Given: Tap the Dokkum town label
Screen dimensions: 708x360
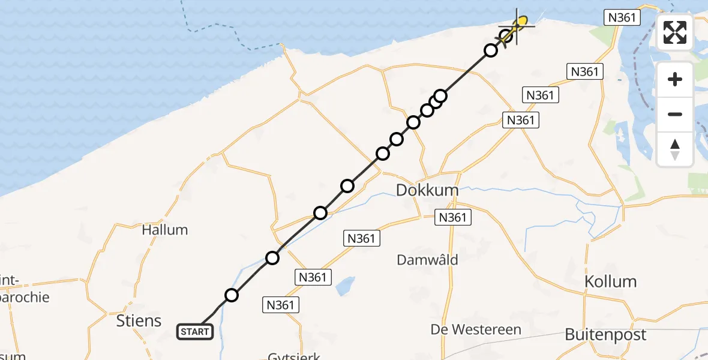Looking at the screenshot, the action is pyautogui.click(x=427, y=191).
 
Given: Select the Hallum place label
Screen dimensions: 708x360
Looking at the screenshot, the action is pyautogui.click(x=164, y=230).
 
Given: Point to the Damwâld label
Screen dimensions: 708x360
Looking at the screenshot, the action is pyautogui.click(x=428, y=260).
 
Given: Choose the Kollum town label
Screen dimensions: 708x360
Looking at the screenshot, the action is pyautogui.click(x=611, y=281).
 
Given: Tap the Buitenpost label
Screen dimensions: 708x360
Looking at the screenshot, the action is pyautogui.click(x=605, y=335).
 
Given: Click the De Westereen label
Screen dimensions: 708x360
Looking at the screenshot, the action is pyautogui.click(x=476, y=329).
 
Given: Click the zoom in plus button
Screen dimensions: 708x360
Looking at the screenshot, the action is pyautogui.click(x=675, y=79).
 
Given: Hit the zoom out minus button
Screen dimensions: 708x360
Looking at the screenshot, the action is pyautogui.click(x=675, y=114).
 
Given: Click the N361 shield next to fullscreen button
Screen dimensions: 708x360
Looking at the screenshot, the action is pyautogui.click(x=622, y=17).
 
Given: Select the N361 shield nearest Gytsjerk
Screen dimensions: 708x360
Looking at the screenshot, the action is pyautogui.click(x=280, y=305).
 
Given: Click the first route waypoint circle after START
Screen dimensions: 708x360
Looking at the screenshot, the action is pyautogui.click(x=232, y=295).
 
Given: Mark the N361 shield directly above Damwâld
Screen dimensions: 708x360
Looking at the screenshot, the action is pyautogui.click(x=361, y=238).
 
